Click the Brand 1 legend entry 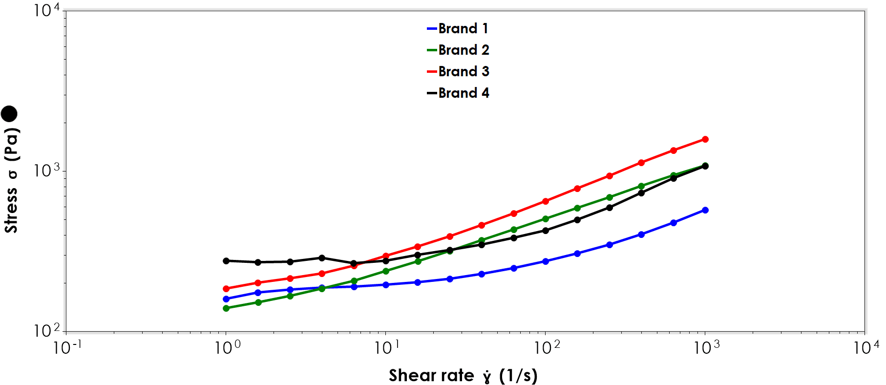[458, 28]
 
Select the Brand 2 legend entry [458, 50]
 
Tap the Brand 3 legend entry [458, 71]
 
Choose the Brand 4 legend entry [458, 93]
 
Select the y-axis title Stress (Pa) [11, 181]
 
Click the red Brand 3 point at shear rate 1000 [705, 139]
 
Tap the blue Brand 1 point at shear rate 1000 [705, 210]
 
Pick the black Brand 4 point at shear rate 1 [226, 261]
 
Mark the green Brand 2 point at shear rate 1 [226, 308]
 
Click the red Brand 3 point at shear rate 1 [226, 289]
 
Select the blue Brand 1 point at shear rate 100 [546, 261]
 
